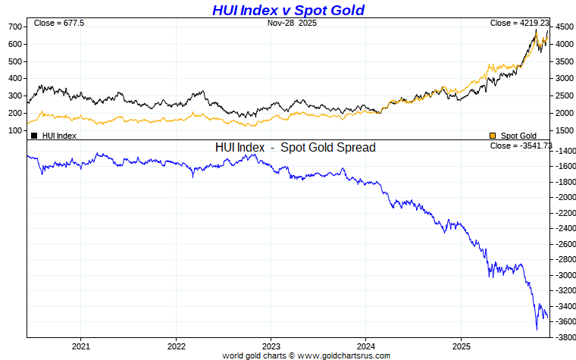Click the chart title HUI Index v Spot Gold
point(288,10)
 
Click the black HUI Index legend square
point(34,136)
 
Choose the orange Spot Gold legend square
point(493,136)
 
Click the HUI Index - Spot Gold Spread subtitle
point(296,148)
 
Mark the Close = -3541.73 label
point(521,146)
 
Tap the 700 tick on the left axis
point(14,27)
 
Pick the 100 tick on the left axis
point(14,130)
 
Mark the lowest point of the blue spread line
point(537,330)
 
